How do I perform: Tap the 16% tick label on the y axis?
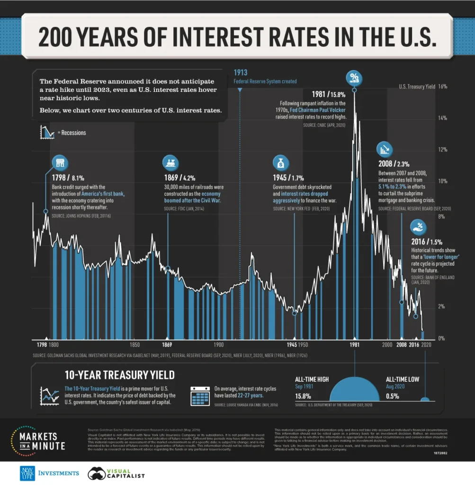(x=442, y=87)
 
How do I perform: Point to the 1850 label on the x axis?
(x=134, y=345)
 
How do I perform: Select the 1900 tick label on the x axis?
(x=218, y=345)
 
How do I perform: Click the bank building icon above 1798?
(x=60, y=163)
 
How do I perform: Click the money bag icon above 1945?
(x=280, y=163)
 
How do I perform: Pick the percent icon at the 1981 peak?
(x=354, y=77)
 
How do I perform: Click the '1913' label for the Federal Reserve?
(x=241, y=72)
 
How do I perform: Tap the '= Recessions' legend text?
(x=72, y=133)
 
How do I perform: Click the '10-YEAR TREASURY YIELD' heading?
(x=119, y=375)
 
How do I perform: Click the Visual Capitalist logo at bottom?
(x=116, y=473)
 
